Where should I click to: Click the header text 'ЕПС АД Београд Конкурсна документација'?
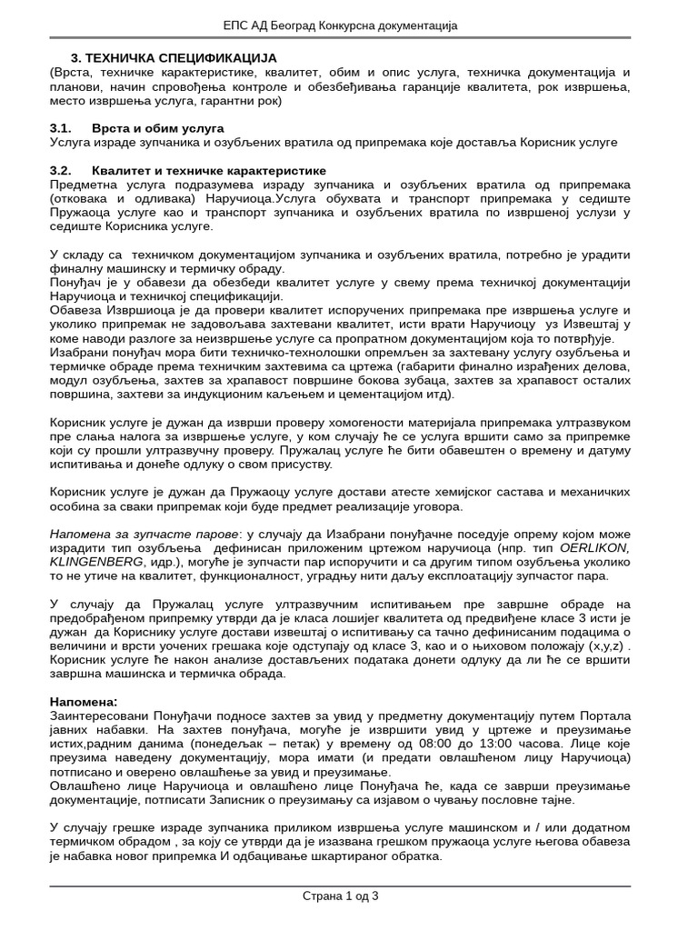point(349,25)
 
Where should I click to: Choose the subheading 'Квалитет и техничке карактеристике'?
point(208,170)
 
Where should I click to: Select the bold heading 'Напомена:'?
point(84,702)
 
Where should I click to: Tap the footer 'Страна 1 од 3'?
point(340,896)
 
